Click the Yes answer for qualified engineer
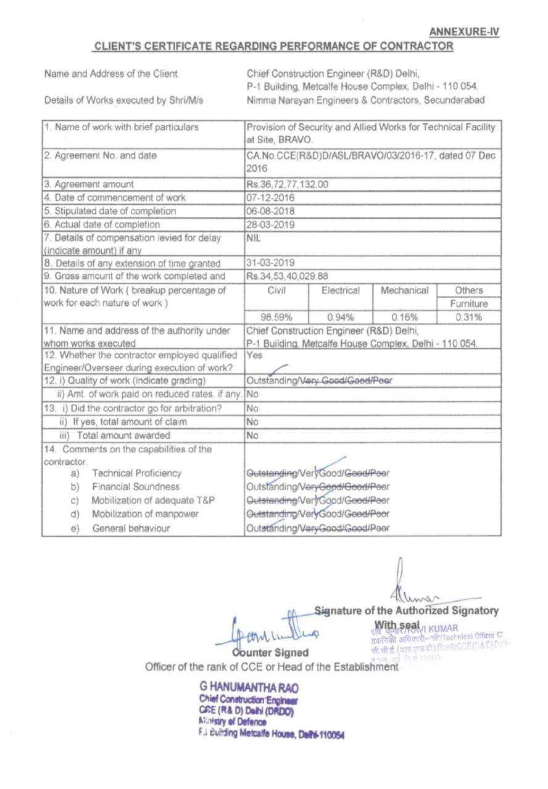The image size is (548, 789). click(x=254, y=356)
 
